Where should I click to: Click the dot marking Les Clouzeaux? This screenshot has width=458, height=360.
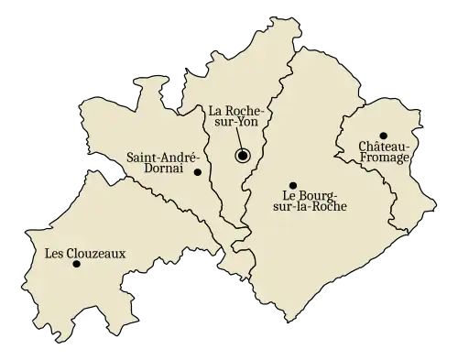coord(76,264)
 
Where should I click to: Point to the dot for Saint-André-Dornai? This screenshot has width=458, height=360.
coord(197,171)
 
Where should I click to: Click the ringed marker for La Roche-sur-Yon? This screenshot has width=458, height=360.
coord(243,156)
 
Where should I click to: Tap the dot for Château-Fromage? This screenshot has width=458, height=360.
coord(384,136)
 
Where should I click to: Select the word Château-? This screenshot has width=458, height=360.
coord(373,147)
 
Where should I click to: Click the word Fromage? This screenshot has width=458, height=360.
coord(374,159)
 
